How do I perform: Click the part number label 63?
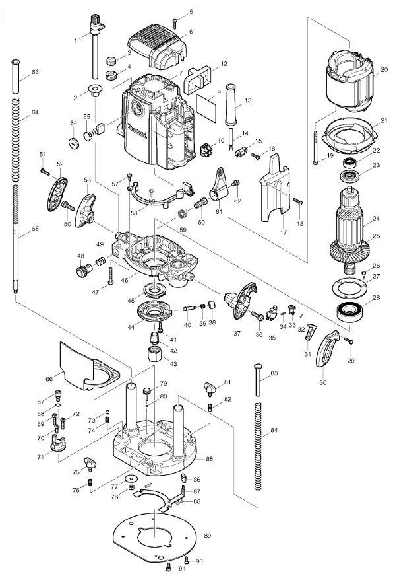(x=35, y=72)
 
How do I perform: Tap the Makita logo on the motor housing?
(x=137, y=131)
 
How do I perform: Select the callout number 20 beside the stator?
(x=384, y=69)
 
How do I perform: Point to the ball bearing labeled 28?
(x=349, y=312)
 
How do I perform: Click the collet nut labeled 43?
(x=155, y=354)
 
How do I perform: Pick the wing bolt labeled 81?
(x=211, y=388)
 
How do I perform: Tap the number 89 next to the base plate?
(x=207, y=536)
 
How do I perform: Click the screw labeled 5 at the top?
(x=175, y=23)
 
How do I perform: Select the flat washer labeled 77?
(x=131, y=478)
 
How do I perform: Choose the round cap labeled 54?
(x=74, y=143)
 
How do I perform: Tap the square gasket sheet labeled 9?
(x=206, y=108)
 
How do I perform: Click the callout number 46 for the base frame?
(x=125, y=281)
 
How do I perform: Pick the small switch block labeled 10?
(x=206, y=149)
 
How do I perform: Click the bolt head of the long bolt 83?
(x=258, y=367)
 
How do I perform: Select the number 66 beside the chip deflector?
(x=49, y=379)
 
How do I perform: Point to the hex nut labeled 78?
(x=130, y=487)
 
